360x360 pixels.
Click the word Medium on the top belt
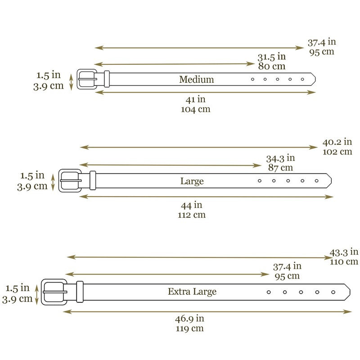pyautogui.click(x=196, y=80)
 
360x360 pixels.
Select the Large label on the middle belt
pyautogui.click(x=192, y=181)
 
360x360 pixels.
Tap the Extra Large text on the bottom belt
pyautogui.click(x=192, y=292)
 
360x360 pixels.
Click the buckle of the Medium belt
pyautogui.click(x=86, y=79)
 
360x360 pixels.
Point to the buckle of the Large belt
pyautogui.click(x=70, y=180)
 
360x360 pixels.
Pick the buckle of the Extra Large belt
pyautogui.click(x=54, y=292)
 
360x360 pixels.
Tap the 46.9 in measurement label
pyautogui.click(x=189, y=319)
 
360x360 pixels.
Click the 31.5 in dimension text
pyautogui.click(x=271, y=57)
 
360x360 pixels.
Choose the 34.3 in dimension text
pyautogui.click(x=280, y=158)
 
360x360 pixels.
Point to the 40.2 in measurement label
pyautogui.click(x=337, y=143)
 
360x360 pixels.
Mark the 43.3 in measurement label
pyautogui.click(x=344, y=252)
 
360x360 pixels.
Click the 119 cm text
pyautogui.click(x=189, y=328)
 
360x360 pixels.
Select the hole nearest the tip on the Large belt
pyautogui.click(x=317, y=181)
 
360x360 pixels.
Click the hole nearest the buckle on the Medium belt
pyautogui.click(x=252, y=79)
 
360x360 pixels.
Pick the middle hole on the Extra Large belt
pyautogui.click(x=301, y=292)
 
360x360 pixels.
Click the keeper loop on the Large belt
pyautogui.click(x=93, y=180)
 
